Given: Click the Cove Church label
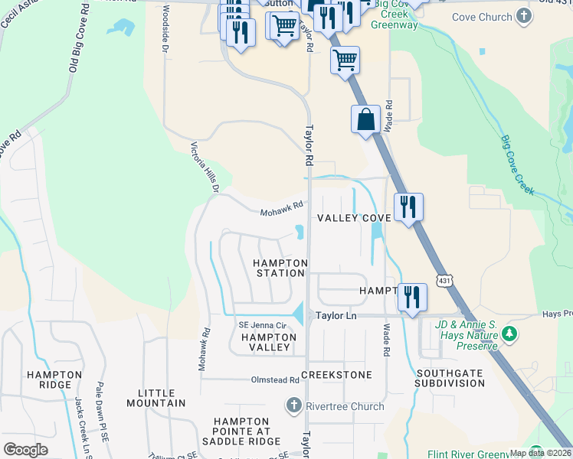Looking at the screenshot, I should click(481, 17).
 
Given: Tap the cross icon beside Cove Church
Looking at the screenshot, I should click(523, 16).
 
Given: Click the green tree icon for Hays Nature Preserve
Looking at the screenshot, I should click(509, 334).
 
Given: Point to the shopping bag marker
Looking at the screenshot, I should click(365, 119).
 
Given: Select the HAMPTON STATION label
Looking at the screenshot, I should click(280, 268).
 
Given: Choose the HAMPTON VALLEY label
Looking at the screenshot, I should click(265, 342).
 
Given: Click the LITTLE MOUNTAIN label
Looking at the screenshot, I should click(162, 398).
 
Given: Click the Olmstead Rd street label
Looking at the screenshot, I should click(274, 380).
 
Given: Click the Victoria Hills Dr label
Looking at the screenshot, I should click(205, 167).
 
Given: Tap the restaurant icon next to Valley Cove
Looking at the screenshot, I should click(408, 207).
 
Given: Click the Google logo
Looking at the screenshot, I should click(25, 450).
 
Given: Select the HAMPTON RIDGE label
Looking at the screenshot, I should click(54, 379).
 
